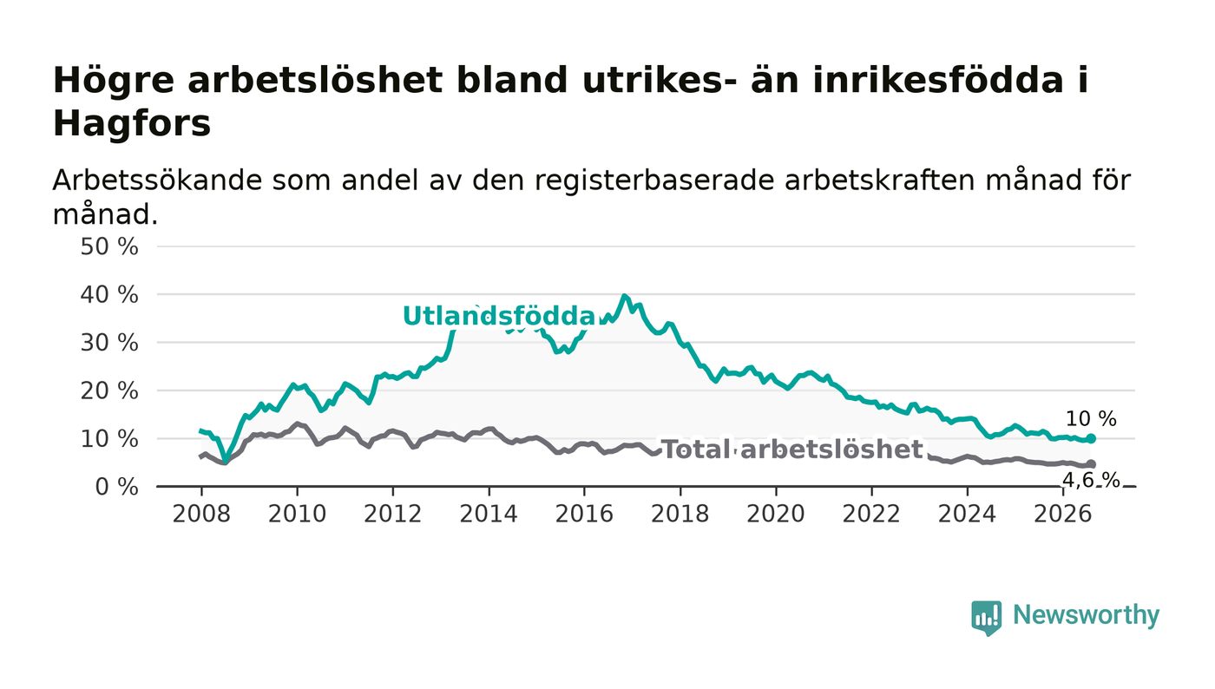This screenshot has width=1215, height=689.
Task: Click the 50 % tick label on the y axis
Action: (x=109, y=246)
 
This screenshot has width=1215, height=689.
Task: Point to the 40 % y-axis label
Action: (x=109, y=295)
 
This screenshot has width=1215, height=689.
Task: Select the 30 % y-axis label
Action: (x=109, y=343)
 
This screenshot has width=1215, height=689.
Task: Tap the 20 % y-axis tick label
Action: (x=109, y=390)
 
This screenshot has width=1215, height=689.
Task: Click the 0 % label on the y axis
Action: (x=116, y=487)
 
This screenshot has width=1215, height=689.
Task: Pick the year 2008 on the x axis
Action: (x=201, y=514)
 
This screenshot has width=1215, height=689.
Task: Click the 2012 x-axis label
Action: (x=392, y=514)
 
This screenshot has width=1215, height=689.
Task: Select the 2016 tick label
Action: (x=584, y=514)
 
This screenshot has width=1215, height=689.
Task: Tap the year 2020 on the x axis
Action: (x=776, y=514)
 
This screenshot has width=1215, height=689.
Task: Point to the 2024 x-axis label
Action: (x=967, y=514)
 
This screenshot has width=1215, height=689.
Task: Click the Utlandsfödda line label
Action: (x=500, y=316)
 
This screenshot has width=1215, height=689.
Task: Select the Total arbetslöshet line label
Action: (x=791, y=449)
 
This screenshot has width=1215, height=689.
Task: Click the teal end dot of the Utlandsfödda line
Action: (x=1091, y=438)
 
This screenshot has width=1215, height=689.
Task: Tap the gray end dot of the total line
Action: (x=1091, y=464)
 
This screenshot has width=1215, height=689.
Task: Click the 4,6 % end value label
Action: (x=1091, y=480)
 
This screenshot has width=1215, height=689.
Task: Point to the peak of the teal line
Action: (x=624, y=296)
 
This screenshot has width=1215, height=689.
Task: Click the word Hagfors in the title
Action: (x=132, y=124)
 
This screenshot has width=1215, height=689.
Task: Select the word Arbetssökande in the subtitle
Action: (x=157, y=180)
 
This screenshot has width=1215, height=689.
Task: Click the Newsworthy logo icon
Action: (x=986, y=617)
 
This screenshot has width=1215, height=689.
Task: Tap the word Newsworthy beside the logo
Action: (x=1086, y=615)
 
